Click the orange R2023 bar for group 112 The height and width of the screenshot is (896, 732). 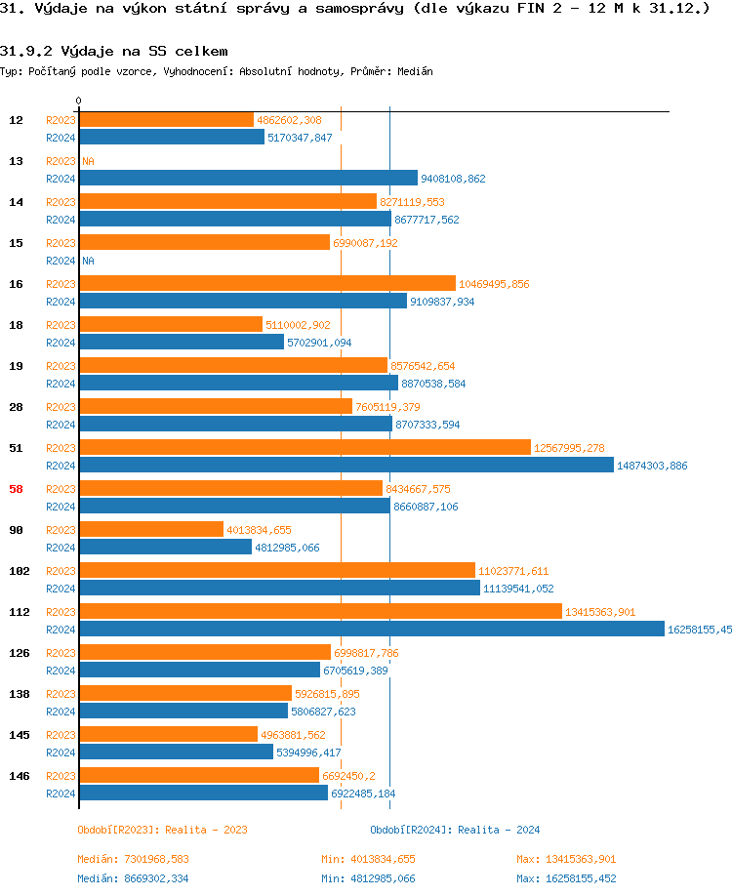(x=320, y=612)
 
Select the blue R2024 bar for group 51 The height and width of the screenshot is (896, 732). (x=346, y=466)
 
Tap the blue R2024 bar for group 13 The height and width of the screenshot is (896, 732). (x=248, y=179)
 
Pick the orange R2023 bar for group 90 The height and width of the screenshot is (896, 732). (x=151, y=530)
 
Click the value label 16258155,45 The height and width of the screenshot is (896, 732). (x=699, y=630)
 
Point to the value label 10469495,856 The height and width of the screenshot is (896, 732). (x=494, y=284)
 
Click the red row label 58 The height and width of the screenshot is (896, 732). (x=16, y=489)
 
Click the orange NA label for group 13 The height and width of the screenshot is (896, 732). (x=88, y=161)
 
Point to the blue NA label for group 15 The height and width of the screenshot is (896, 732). (x=88, y=261)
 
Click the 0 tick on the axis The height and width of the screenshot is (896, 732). (x=79, y=101)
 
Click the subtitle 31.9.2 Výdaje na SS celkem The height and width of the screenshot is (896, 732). (x=114, y=50)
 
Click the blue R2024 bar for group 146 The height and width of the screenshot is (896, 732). (x=203, y=794)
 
